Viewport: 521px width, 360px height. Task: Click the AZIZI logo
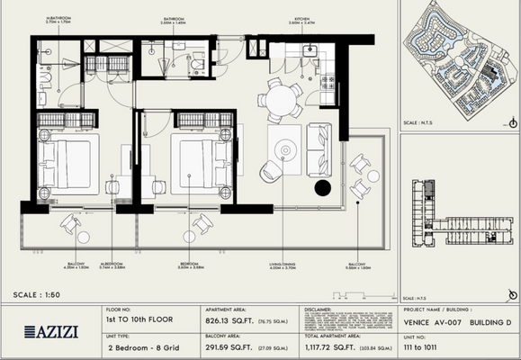click(52, 331)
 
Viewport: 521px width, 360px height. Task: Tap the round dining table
click(284, 96)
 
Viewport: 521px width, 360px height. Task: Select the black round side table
click(322, 187)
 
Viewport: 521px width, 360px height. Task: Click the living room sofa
click(319, 149)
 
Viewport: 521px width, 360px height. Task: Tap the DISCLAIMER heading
click(322, 309)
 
